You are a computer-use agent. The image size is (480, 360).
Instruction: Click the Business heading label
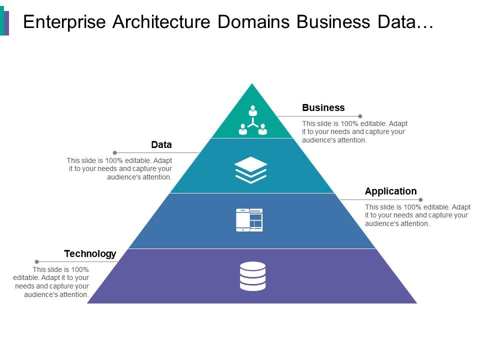pyautogui.click(x=323, y=107)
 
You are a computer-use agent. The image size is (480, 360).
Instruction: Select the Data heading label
pyautogui.click(x=161, y=145)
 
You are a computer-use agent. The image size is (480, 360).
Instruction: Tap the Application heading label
pyautogui.click(x=390, y=191)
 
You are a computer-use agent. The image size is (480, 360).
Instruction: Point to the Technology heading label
pyautogui.click(x=90, y=253)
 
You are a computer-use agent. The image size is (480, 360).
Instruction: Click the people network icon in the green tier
pyautogui.click(x=252, y=120)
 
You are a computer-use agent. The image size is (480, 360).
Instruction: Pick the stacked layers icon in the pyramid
pyautogui.click(x=251, y=169)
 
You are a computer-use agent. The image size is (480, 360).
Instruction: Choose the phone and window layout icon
pyautogui.click(x=249, y=220)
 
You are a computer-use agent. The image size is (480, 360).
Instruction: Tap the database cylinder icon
pyautogui.click(x=252, y=276)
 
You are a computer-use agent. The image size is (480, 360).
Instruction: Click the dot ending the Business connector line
pyautogui.click(x=360, y=116)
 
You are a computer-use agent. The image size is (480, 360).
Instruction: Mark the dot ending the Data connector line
pyautogui.click(x=114, y=152)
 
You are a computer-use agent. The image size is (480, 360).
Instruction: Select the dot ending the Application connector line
pyautogui.click(x=420, y=199)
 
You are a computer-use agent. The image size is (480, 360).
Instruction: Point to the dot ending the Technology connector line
pyautogui.click(x=36, y=261)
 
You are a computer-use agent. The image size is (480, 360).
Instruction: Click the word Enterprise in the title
pyautogui.click(x=64, y=22)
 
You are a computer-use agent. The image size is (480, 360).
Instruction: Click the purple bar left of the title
pyautogui.click(x=6, y=23)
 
